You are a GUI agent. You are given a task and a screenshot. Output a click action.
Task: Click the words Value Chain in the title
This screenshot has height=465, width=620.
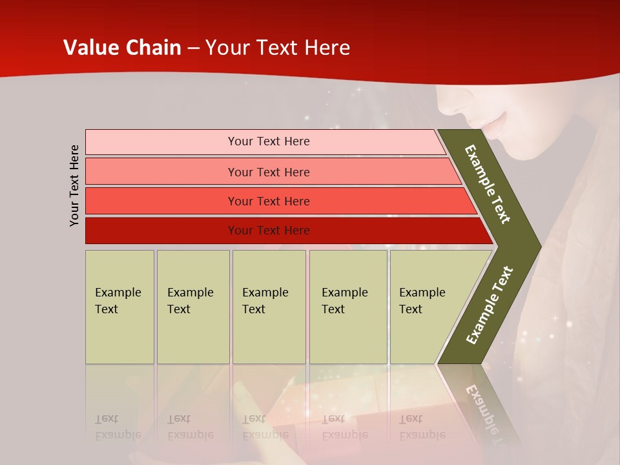coord(122,48)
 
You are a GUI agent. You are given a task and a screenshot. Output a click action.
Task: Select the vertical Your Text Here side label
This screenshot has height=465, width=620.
coord(74,185)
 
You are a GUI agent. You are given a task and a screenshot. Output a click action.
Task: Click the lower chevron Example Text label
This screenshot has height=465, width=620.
coord(490,305)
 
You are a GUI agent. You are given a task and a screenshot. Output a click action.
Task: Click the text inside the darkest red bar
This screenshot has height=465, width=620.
coord(269,231)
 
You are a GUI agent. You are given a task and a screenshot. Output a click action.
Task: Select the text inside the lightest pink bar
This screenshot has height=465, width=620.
coord(269,141)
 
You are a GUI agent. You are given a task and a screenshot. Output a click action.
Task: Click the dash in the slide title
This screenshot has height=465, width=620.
coord(192,48)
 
